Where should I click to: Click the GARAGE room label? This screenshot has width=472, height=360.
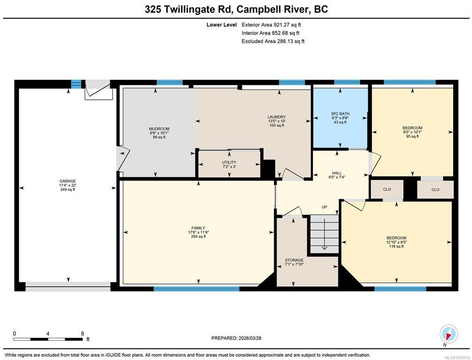[67, 181]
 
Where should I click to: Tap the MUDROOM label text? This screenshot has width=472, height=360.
[159, 128]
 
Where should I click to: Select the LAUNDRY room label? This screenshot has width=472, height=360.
[277, 117]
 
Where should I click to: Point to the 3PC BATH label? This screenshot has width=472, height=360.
[340, 114]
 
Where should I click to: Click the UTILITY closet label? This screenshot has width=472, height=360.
[229, 162]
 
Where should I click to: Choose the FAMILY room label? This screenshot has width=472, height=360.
[198, 228]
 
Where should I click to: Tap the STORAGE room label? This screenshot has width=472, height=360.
[294, 260]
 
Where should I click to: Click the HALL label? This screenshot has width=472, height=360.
[337, 173]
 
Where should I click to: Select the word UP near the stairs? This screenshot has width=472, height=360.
[324, 207]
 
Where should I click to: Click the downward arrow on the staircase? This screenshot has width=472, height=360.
[324, 234]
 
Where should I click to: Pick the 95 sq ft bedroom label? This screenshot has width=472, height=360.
[412, 127]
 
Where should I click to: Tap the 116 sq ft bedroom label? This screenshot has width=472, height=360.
[397, 238]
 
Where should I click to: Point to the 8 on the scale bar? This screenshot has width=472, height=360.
[82, 333]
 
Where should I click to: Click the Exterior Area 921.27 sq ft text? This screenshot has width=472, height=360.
[271, 25]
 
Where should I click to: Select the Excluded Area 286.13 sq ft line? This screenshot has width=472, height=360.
[273, 41]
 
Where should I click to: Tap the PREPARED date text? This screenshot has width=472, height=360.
[236, 338]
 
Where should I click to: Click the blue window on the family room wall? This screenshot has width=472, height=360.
[196, 289]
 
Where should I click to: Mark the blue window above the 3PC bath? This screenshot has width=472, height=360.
[347, 82]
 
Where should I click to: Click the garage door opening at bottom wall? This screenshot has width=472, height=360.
[68, 287]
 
